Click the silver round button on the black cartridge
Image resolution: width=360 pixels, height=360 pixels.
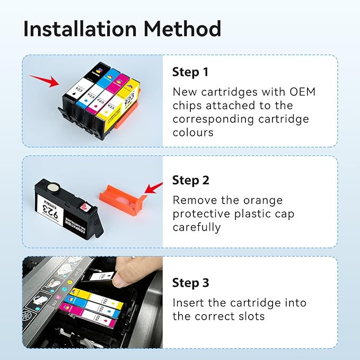pyautogui.click(x=54, y=187)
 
